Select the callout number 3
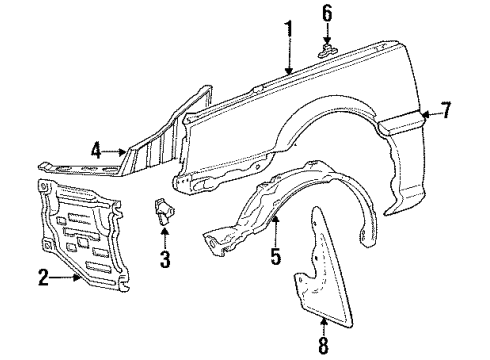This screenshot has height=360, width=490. pyautogui.click(x=165, y=263)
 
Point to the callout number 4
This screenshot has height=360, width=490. pyautogui.click(x=95, y=151)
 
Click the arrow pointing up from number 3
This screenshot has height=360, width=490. pyautogui.click(x=165, y=241)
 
